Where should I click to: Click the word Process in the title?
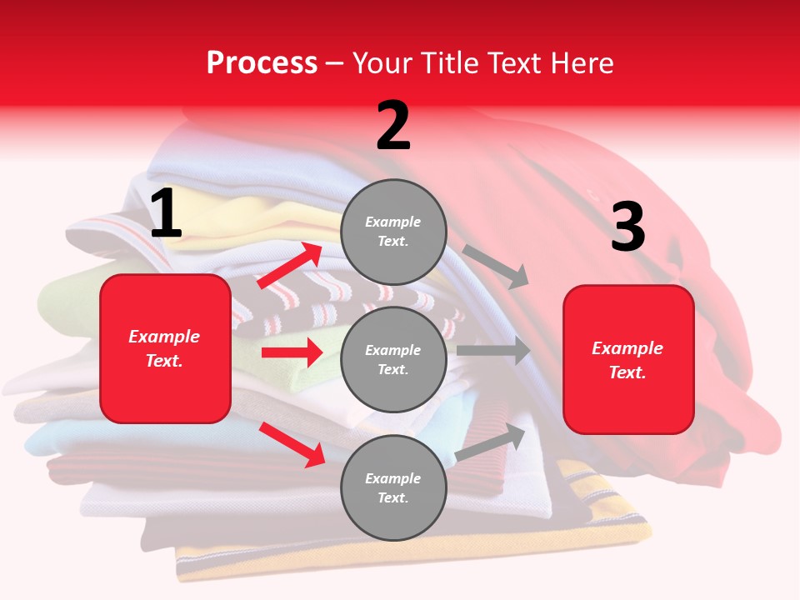click(x=262, y=63)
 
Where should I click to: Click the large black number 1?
click(x=166, y=214)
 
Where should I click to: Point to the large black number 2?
click(x=393, y=126)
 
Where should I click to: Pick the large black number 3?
click(x=627, y=227)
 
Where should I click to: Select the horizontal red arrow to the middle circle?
click(x=292, y=352)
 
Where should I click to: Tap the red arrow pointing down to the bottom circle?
click(x=292, y=443)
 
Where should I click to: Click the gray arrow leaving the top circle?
click(x=497, y=266)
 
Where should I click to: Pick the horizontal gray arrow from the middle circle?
click(x=493, y=351)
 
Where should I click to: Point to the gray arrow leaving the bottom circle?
click(x=491, y=442)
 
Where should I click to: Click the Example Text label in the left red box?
click(x=164, y=348)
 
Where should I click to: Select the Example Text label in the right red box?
click(x=627, y=360)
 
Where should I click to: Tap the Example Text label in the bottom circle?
click(x=393, y=487)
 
